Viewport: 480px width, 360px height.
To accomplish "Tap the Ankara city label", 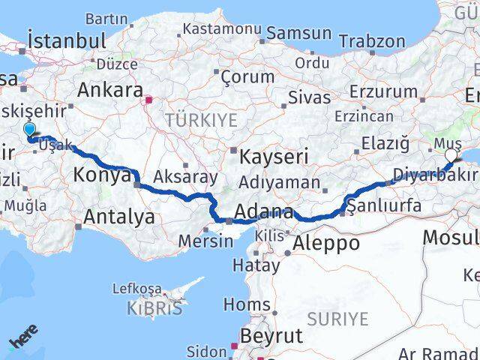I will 110,90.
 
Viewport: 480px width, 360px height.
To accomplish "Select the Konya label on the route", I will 103,175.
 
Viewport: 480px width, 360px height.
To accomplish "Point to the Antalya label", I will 120,217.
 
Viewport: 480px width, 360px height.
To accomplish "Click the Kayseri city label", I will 274,157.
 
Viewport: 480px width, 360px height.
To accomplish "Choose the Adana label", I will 263,213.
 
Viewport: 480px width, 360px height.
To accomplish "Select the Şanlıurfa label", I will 383,205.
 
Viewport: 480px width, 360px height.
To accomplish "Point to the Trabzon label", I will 376,42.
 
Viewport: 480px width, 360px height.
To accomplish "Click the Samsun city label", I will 298,33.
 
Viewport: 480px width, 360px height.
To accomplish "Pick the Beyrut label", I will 271,334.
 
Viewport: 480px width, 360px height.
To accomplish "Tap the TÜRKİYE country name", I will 201,120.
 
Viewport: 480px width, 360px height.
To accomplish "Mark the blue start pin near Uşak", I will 29,130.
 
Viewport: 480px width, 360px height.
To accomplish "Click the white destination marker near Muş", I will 451,155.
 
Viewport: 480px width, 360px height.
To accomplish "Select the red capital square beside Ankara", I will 149,98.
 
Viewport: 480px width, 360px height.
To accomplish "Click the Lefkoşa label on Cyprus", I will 136,288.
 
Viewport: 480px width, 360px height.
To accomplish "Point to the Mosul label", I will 450,238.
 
